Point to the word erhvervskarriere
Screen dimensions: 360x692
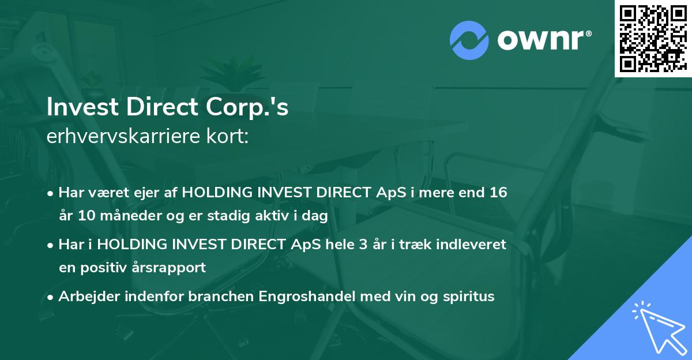coord(123,137)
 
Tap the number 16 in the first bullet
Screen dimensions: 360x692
coord(499,193)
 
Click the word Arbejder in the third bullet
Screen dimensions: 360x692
coord(87,297)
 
